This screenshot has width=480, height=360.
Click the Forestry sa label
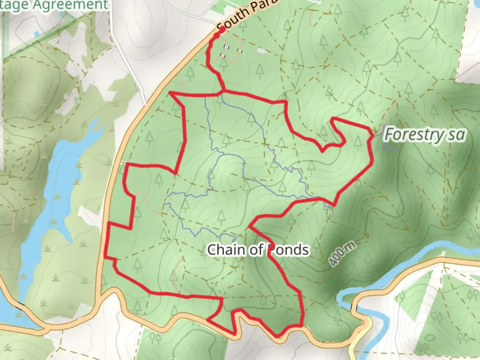pos(424,135)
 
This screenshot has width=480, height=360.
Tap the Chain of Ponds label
pos(258,249)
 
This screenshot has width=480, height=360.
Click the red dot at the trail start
pos(222,29)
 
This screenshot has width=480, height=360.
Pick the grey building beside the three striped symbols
pos(262,50)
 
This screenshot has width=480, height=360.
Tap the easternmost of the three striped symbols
pos(239,51)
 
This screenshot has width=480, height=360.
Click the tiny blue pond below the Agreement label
pos(37,33)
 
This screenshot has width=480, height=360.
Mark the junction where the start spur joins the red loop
pos(223,90)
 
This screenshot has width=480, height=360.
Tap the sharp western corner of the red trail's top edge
pos(171,93)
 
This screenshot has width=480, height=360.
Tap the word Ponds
pos(289,249)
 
